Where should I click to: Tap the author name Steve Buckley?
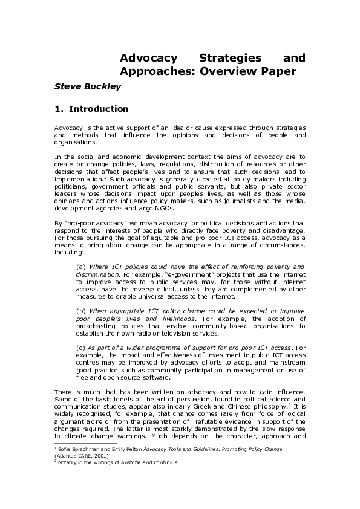(88, 86)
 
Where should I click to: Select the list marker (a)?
(81, 267)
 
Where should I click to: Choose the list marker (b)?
(81, 310)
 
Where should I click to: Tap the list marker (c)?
(80, 348)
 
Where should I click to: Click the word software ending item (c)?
(156, 377)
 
